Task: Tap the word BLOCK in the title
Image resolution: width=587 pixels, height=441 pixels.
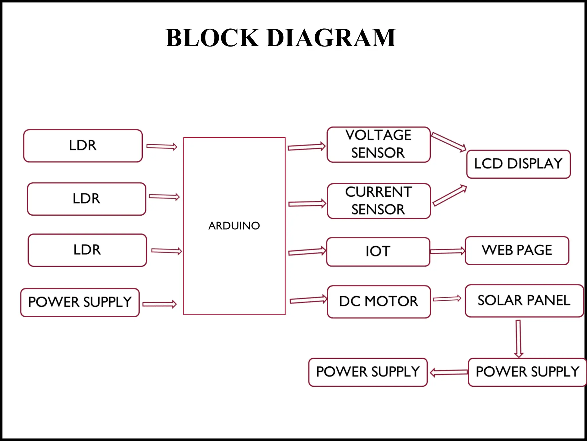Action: (x=212, y=38)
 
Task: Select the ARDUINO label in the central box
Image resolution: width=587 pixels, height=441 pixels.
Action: (x=234, y=226)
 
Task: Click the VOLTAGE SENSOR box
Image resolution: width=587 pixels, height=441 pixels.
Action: (x=378, y=144)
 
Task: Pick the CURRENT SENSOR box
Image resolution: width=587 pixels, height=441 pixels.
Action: (x=379, y=201)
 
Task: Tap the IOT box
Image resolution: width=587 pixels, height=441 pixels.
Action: (x=378, y=252)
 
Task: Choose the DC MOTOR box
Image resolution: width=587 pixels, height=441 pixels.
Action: (x=379, y=301)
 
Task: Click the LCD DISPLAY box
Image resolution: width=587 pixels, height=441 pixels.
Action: (x=518, y=164)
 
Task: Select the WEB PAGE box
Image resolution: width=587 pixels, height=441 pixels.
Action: (x=517, y=250)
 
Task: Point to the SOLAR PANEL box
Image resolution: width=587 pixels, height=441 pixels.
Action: (x=524, y=301)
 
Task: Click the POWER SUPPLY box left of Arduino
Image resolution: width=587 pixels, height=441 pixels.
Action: (x=80, y=302)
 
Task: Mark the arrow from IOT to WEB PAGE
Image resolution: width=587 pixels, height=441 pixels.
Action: (x=447, y=251)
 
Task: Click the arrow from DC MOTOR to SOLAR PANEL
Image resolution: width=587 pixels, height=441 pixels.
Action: (x=447, y=299)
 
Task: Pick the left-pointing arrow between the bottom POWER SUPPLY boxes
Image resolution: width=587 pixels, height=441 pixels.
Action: (x=449, y=372)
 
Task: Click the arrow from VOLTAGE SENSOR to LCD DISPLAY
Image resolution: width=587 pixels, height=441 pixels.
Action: (x=449, y=142)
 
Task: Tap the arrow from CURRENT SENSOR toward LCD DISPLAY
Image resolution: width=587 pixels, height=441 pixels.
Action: (x=449, y=196)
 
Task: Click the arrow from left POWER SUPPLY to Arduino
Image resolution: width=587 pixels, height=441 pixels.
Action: (x=159, y=304)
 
